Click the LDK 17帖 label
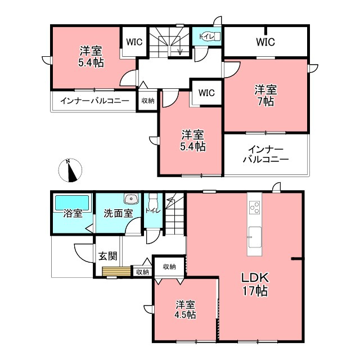(255, 284)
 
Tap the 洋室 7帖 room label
(265, 96)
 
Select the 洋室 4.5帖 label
(185, 309)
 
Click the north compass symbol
(70, 170)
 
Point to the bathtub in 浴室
(72, 202)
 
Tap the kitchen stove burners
(255, 208)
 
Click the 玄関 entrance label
(107, 256)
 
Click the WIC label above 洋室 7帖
(265, 42)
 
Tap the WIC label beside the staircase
(134, 42)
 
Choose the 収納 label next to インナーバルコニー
(148, 101)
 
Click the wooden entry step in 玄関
(116, 272)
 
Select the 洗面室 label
(118, 213)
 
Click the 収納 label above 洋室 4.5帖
(169, 267)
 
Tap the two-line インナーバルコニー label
(265, 154)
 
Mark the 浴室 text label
(73, 214)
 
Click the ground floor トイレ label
(152, 210)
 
